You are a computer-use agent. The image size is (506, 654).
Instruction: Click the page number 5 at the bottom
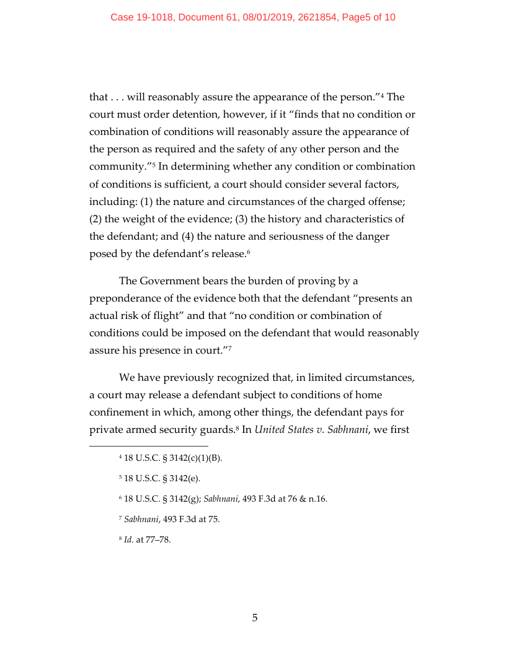[x=254, y=617]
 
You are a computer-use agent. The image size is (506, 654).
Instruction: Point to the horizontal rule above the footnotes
[x=149, y=445]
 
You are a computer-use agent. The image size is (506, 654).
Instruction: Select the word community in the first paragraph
[x=116, y=167]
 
